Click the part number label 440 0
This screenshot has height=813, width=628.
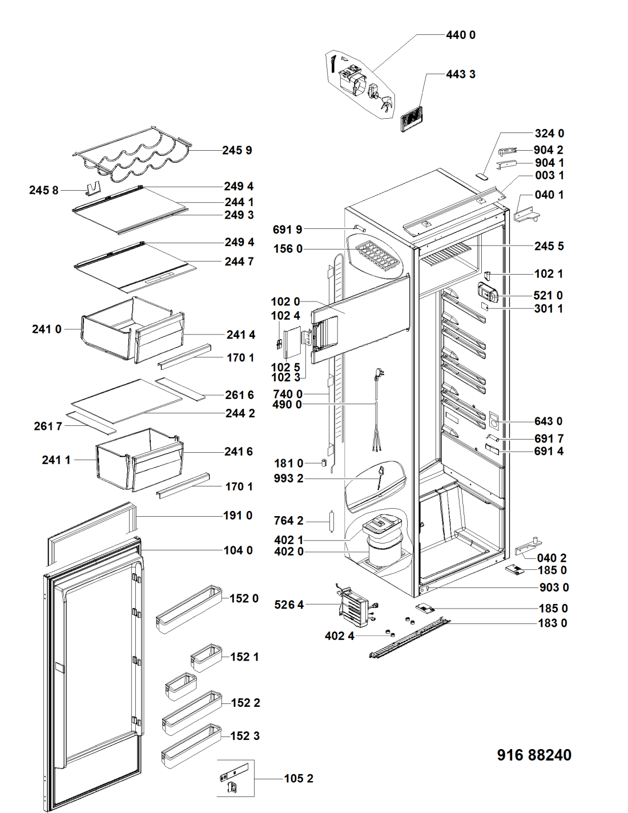point(460,35)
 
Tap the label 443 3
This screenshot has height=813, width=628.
point(460,74)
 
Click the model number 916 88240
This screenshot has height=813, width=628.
point(534,755)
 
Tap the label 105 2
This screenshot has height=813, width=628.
point(298,779)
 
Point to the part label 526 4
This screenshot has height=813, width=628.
point(289,605)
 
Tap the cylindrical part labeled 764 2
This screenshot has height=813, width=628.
point(330,521)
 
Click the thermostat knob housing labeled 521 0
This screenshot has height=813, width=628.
point(488,293)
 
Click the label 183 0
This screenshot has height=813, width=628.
point(552,623)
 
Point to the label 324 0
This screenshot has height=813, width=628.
point(549,134)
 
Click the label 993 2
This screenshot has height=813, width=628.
point(288,478)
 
